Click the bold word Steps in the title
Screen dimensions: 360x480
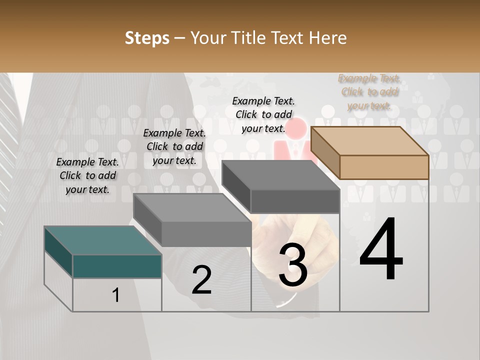click(147, 38)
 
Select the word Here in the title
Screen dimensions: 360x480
click(328, 38)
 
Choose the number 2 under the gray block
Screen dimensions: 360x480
click(201, 280)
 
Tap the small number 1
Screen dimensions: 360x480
click(116, 295)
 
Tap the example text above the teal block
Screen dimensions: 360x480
click(87, 176)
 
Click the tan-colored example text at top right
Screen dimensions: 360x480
click(369, 92)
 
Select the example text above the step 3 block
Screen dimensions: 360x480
click(263, 114)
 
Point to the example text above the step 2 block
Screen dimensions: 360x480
click(174, 146)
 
